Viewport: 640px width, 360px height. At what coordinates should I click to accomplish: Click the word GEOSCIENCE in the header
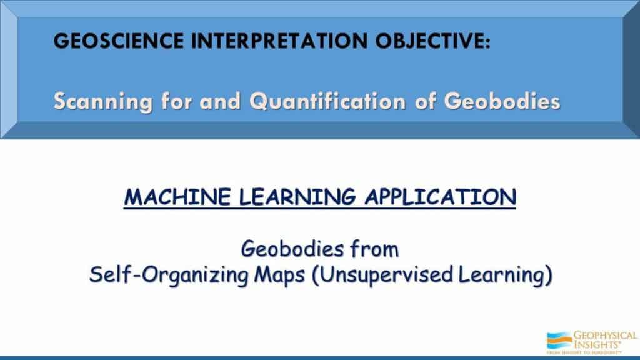pos(119,41)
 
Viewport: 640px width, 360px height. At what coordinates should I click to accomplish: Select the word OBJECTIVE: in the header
pos(433,41)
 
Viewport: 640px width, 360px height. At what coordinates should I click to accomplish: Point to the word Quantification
pos(327,101)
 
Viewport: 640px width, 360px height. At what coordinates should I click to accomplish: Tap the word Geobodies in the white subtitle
pos(502,101)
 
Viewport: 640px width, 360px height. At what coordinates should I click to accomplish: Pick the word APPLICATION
pos(441,197)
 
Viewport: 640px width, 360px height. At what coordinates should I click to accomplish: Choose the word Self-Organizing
pos(169,275)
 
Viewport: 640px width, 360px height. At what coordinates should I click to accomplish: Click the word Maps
pos(279,276)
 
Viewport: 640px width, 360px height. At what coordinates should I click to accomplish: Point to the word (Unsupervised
pos(382,275)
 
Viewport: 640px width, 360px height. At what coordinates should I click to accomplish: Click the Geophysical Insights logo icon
pos(559,341)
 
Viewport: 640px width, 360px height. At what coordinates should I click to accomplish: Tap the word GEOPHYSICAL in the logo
pos(605,336)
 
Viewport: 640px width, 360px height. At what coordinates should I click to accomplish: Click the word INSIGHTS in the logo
pos(597,344)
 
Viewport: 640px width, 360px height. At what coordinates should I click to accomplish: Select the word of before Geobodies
pos(425,101)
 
